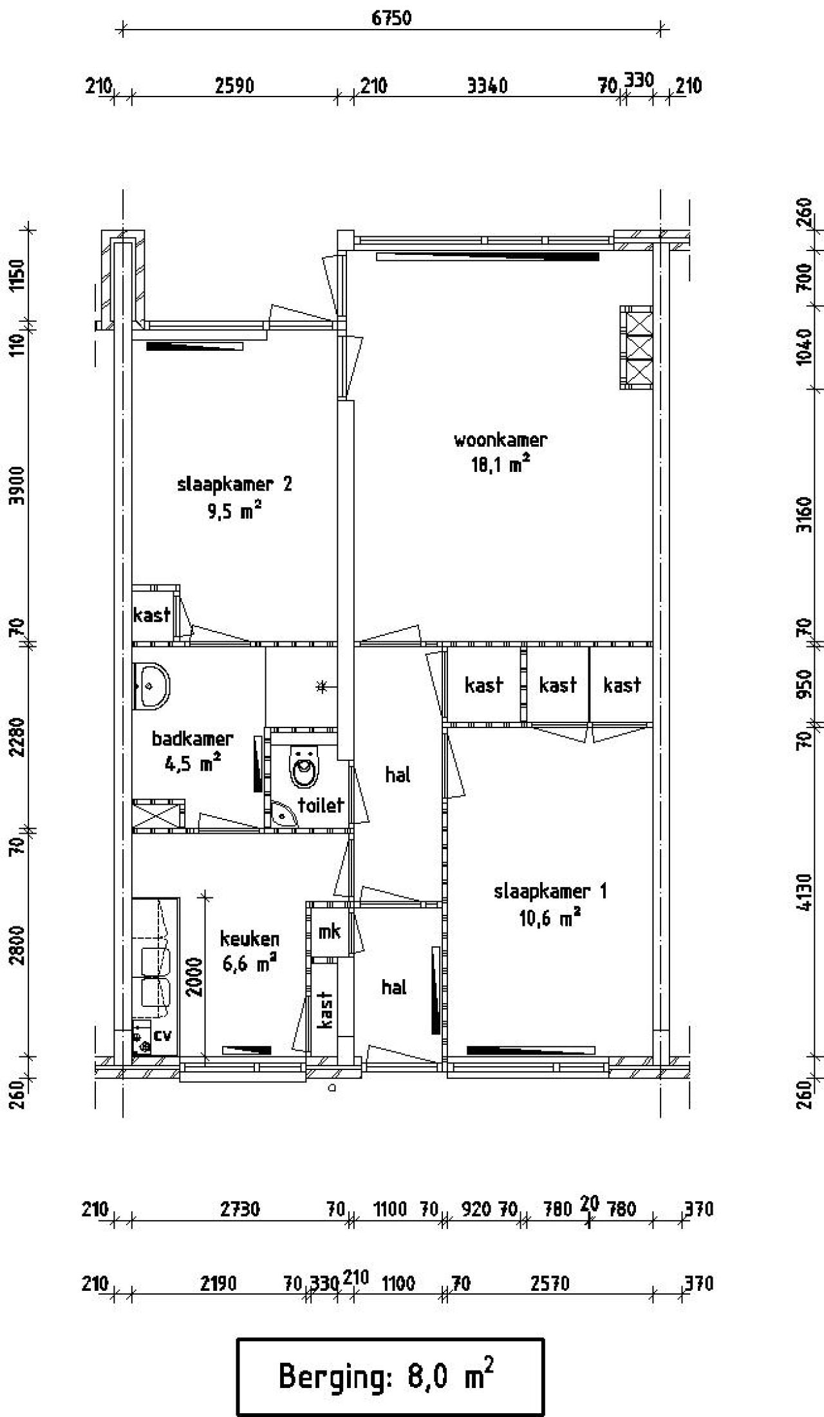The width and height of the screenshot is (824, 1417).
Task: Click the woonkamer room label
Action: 500,440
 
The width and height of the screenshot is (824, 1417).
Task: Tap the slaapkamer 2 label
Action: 234,484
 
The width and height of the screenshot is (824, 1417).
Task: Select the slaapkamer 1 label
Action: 550,892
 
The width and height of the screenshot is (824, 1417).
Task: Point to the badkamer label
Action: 192,738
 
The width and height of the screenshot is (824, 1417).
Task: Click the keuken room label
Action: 250,939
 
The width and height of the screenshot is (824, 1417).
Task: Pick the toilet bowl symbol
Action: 304,767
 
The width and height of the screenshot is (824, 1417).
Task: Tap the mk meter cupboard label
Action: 330,932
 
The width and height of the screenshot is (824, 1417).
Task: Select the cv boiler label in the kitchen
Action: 163,1035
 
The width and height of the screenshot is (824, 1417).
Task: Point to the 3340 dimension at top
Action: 487,86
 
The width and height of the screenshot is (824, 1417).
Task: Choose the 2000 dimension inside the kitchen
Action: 196,977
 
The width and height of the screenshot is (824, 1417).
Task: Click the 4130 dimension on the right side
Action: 803,892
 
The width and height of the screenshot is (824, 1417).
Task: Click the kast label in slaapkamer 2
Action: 152,615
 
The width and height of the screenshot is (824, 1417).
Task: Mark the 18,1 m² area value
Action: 501,464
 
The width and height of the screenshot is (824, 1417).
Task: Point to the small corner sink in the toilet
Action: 283,814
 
